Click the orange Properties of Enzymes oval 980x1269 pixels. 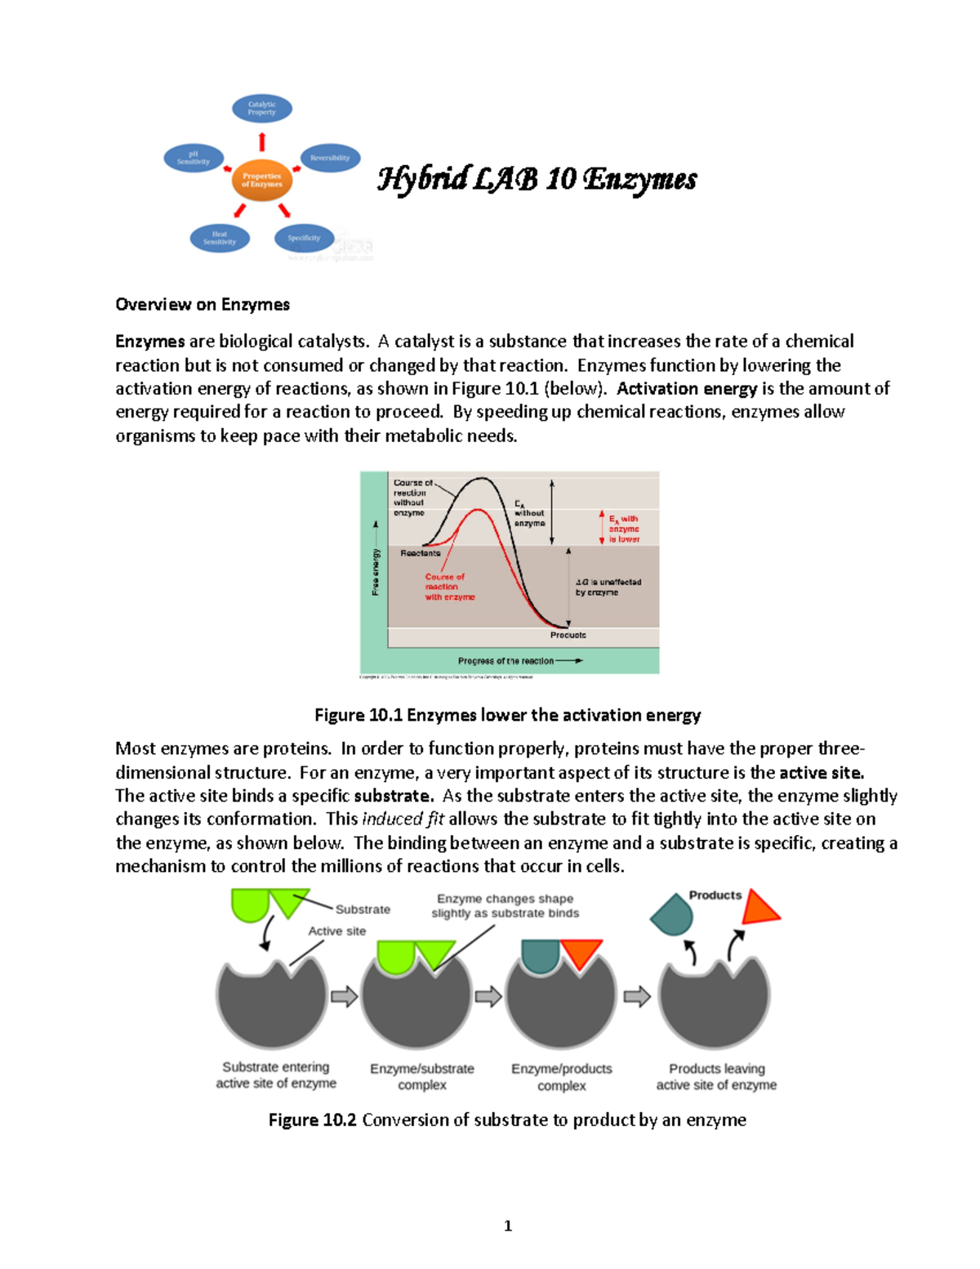(x=261, y=180)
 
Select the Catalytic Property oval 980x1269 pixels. (x=262, y=108)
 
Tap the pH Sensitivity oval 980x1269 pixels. (x=194, y=158)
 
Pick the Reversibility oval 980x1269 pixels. (x=330, y=158)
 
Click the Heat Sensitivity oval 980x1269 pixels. (x=220, y=238)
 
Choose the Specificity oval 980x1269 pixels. (x=304, y=238)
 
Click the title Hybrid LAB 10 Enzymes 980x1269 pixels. (x=537, y=179)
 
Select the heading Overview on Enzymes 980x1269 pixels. (x=203, y=305)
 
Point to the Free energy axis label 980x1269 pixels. (x=376, y=571)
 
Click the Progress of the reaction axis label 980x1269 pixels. (x=506, y=660)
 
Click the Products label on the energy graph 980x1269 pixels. (x=568, y=635)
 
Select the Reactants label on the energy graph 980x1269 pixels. (x=420, y=553)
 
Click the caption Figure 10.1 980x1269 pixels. (x=507, y=715)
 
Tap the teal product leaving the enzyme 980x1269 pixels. (x=672, y=915)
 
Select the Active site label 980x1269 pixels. (x=336, y=931)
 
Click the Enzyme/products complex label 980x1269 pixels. (x=561, y=1077)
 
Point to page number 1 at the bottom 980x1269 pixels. (x=508, y=1225)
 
